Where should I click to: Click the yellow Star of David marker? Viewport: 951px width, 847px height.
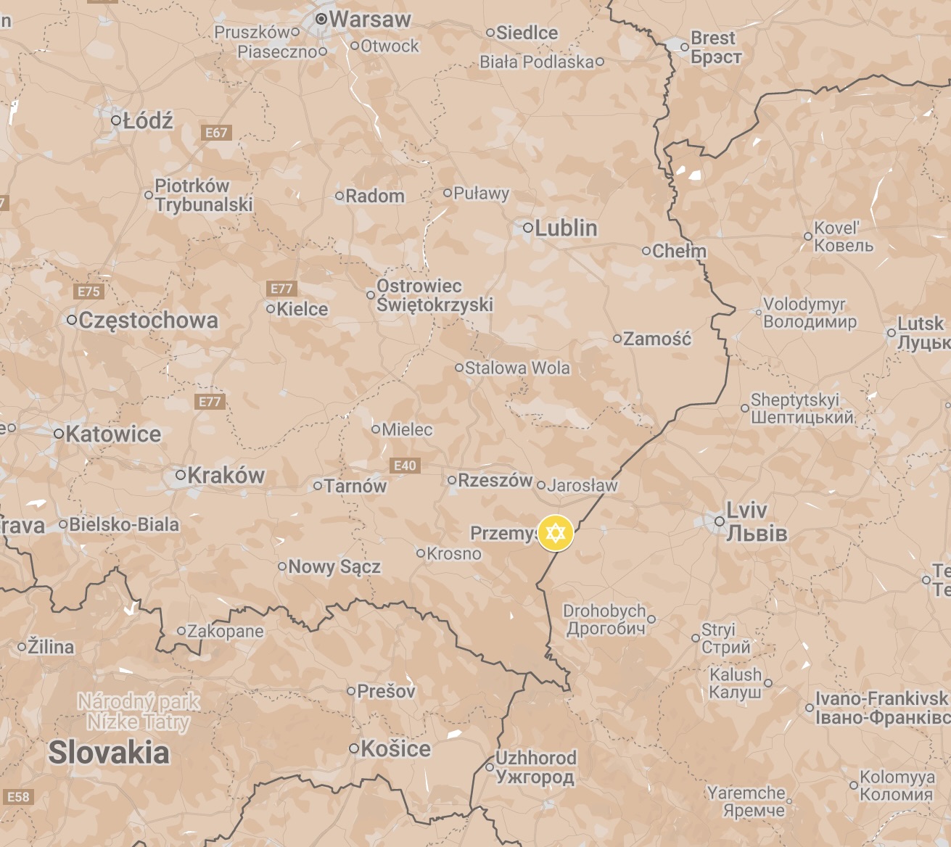[x=556, y=533]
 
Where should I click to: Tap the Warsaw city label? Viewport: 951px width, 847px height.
[x=370, y=20]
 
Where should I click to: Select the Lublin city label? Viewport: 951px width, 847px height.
[x=566, y=228]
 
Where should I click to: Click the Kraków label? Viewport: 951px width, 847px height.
[x=226, y=476]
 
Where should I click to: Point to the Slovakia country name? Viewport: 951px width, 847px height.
[x=109, y=753]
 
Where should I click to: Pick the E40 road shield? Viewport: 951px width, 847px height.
[x=405, y=466]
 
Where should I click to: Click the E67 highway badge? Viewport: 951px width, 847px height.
[x=216, y=133]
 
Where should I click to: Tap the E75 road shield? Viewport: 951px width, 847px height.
[x=88, y=292]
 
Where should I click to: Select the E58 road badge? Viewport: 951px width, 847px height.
[x=18, y=797]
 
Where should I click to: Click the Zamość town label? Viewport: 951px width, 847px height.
[x=657, y=339]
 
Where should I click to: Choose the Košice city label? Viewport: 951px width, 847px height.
[x=395, y=748]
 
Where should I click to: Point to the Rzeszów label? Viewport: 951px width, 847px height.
[x=495, y=480]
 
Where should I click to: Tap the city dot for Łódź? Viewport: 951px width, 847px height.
[x=116, y=120]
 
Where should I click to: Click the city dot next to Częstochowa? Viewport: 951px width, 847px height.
[x=72, y=320]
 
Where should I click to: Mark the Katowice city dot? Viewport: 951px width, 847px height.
[x=59, y=434]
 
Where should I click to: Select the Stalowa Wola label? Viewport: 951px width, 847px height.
[x=517, y=368]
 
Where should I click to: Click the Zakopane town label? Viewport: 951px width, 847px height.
[x=226, y=632]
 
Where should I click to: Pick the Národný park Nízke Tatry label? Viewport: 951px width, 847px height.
[x=138, y=712]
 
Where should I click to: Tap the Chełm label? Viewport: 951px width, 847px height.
[x=679, y=251]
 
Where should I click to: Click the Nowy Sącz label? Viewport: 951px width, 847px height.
[x=334, y=566]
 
